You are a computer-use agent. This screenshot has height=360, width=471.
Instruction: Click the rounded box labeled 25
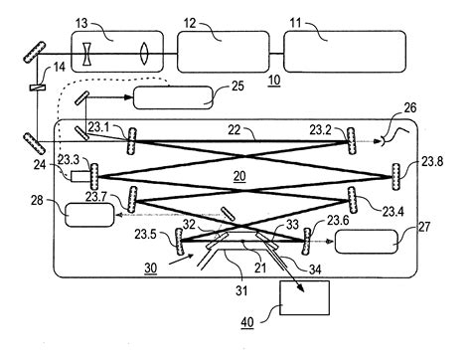[x=173, y=97]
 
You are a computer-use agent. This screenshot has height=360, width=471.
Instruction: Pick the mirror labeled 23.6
[x=307, y=243]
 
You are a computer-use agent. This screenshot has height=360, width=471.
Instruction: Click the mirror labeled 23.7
[x=94, y=178]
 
